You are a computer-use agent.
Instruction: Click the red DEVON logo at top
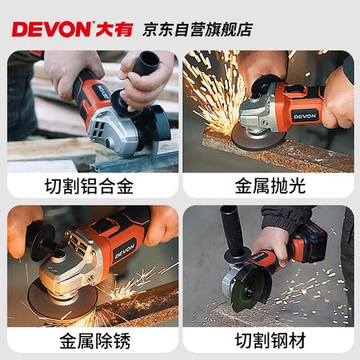(x=51, y=29)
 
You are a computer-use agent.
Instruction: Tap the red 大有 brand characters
(x=114, y=30)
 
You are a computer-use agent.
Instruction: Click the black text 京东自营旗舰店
(x=198, y=30)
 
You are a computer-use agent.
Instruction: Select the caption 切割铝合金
(x=89, y=186)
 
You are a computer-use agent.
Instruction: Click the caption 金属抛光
(x=270, y=186)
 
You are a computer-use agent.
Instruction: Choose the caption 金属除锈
(x=95, y=341)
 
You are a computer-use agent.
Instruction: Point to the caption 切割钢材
(x=270, y=341)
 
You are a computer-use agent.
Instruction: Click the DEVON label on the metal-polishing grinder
(x=305, y=116)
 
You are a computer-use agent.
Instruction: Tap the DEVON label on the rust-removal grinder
(x=125, y=251)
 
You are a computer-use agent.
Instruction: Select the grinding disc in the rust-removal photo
(x=62, y=301)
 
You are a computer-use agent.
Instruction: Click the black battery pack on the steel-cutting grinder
(x=309, y=241)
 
